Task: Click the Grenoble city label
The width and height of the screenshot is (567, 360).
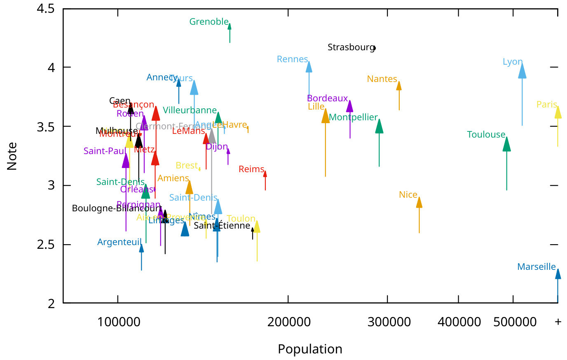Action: coord(209,22)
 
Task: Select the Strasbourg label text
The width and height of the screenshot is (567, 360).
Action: coord(351,47)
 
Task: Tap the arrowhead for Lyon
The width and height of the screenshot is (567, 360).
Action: coord(522,71)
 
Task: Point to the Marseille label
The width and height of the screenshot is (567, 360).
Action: coord(536,267)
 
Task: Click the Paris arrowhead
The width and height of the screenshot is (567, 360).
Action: coord(558,112)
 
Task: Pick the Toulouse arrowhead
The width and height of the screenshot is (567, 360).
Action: coord(506,144)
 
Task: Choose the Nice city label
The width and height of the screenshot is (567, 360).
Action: coord(408,195)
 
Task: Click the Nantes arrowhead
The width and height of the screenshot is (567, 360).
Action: coord(399,86)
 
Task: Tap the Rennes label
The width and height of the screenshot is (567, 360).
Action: coord(292,59)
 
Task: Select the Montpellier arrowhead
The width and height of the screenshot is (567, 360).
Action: coord(379,126)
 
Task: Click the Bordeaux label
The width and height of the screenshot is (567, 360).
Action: coord(327,98)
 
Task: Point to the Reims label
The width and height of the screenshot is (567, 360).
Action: coord(251,169)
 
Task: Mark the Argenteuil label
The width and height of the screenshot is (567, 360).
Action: coord(119,242)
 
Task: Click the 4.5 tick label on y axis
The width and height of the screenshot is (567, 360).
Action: coord(45,9)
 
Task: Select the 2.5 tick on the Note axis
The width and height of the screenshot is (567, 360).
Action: coord(45,245)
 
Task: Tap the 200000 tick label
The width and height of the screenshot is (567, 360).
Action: coord(289,322)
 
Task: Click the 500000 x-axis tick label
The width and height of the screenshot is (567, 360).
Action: coord(515,322)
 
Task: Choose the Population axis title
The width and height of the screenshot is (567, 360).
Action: coord(310,349)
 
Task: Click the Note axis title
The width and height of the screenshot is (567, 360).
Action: coord(12,156)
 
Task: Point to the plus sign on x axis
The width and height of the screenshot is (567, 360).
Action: coord(558,322)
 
